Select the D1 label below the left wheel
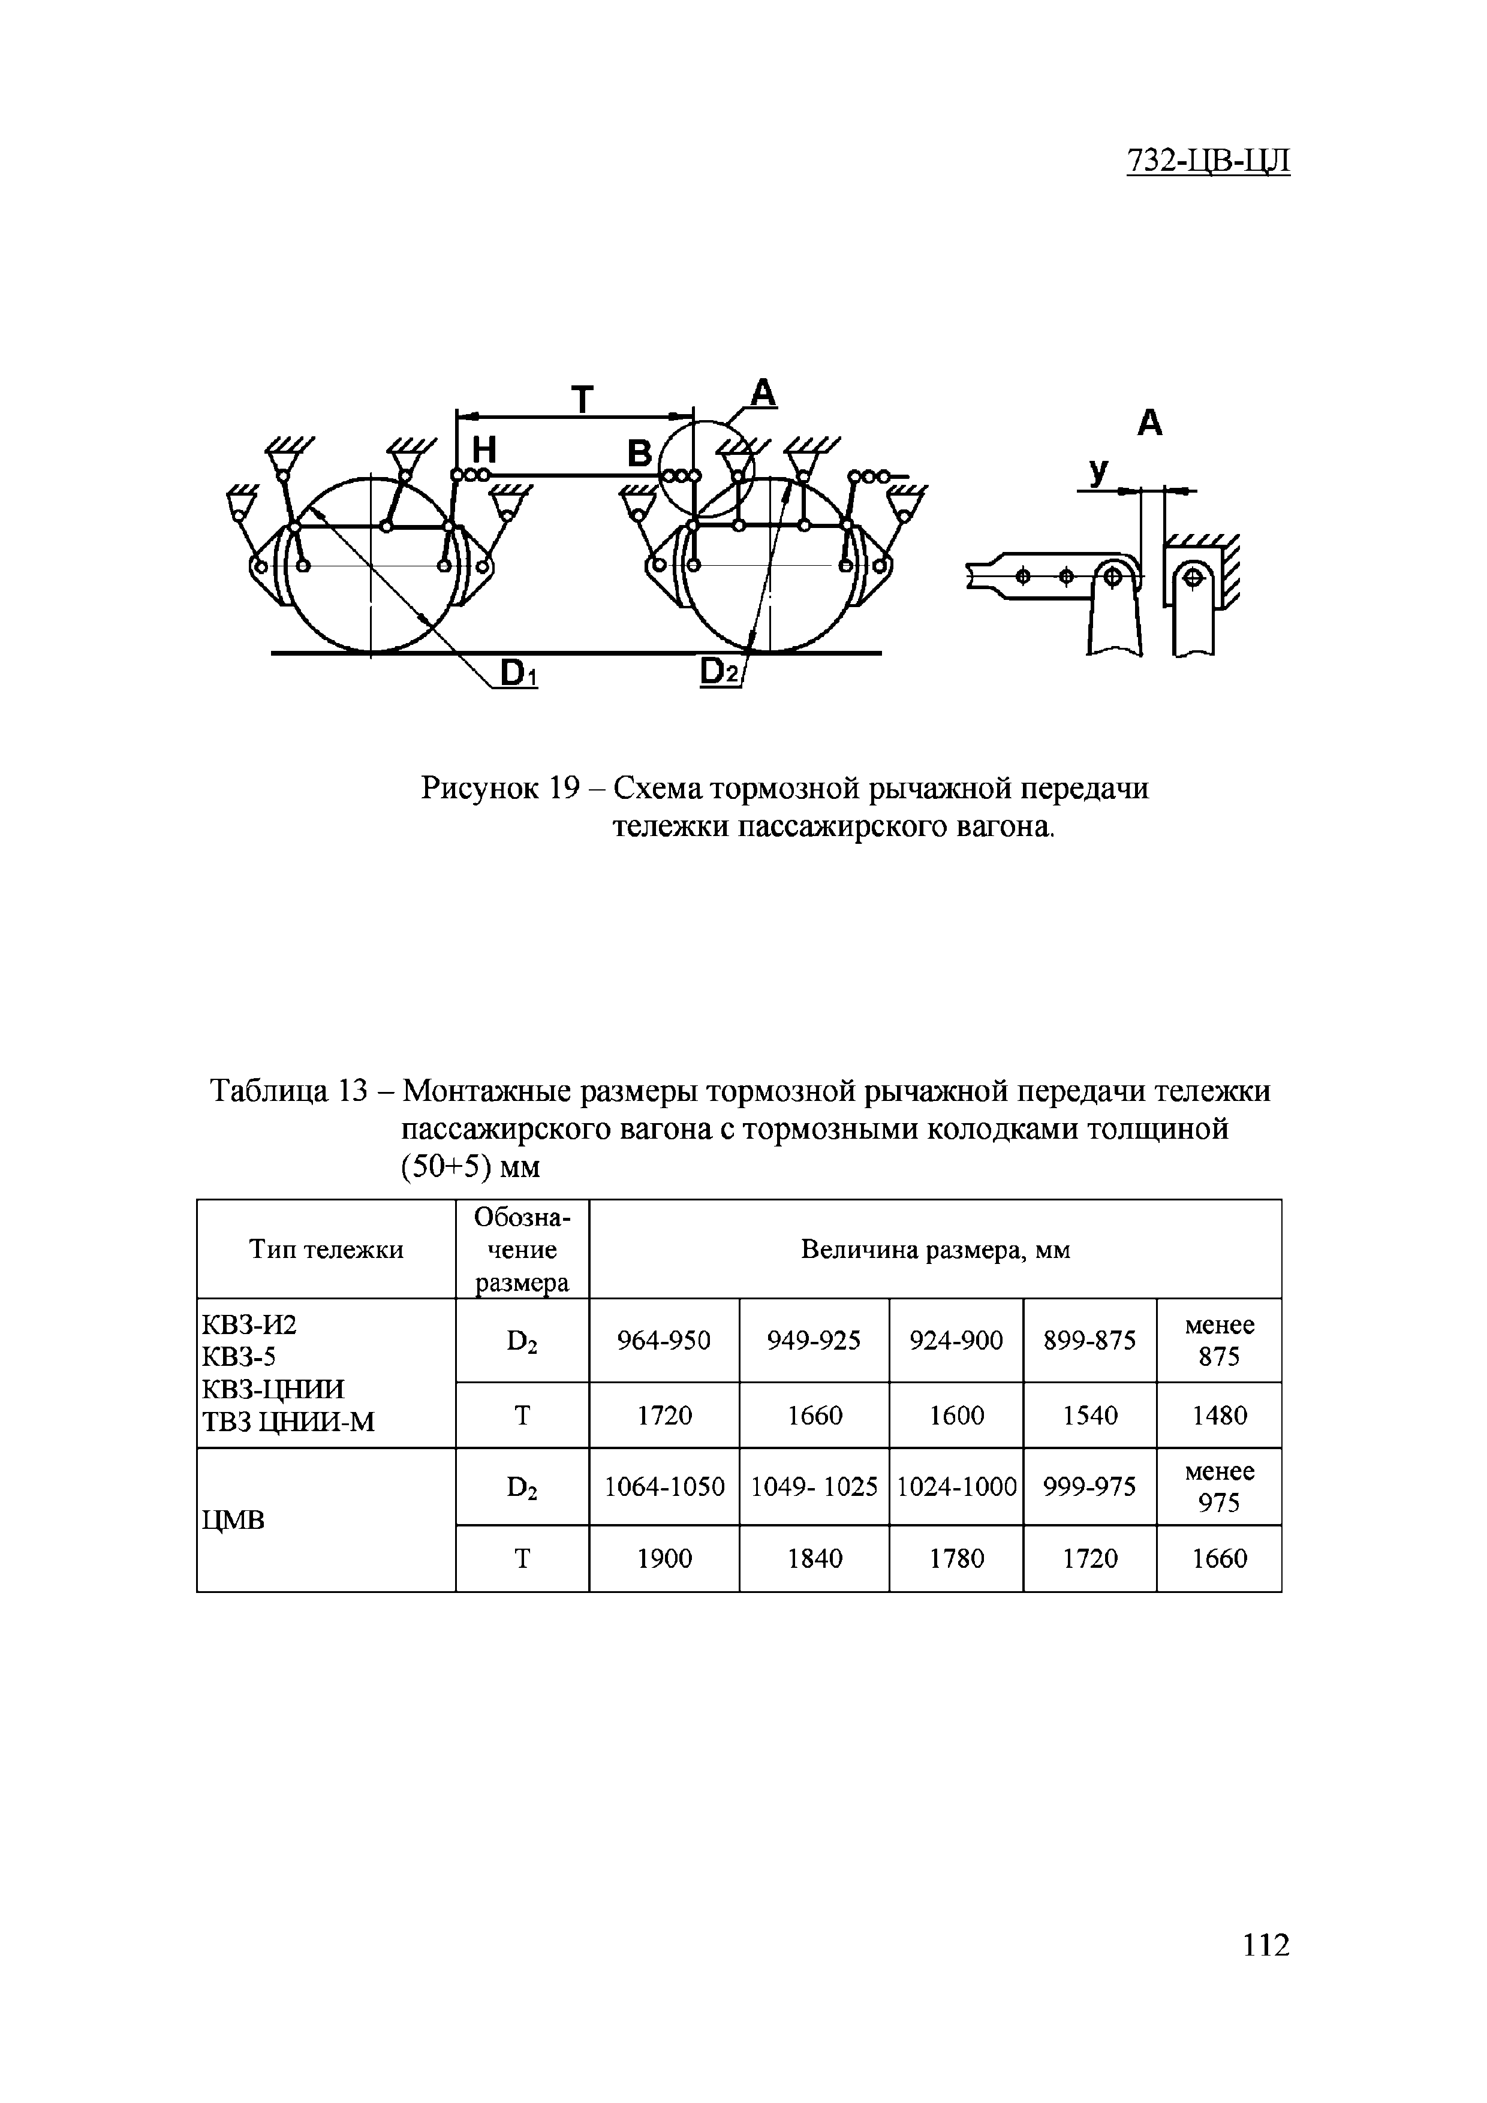click(519, 674)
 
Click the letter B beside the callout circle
click(640, 454)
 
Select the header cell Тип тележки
click(326, 1250)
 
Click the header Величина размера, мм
click(935, 1250)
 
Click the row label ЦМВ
click(233, 1522)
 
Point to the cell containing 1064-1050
click(664, 1486)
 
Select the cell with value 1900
click(664, 1559)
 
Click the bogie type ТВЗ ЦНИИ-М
click(288, 1422)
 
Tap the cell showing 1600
click(956, 1416)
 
